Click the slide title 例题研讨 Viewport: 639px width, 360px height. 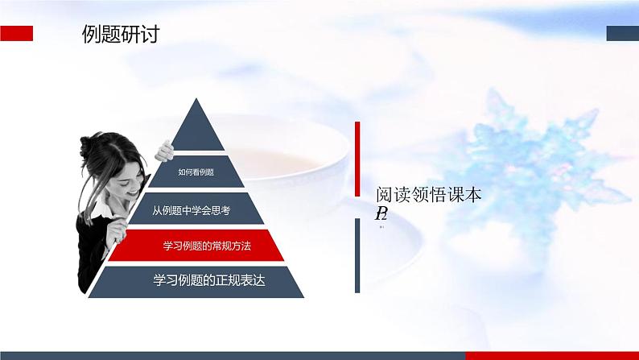pyautogui.click(x=120, y=35)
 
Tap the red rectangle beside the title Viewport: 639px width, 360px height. pyautogui.click(x=16, y=33)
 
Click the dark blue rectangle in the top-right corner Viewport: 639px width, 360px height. pyautogui.click(x=622, y=33)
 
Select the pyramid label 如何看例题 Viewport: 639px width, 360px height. pyautogui.click(x=196, y=171)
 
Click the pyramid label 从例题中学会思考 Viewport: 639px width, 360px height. pyautogui.click(x=192, y=211)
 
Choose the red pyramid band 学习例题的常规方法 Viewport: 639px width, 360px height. pyautogui.click(x=196, y=246)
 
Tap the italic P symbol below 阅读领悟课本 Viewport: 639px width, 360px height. pyautogui.click(x=380, y=213)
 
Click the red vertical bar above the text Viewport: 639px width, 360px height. pyautogui.click(x=357, y=159)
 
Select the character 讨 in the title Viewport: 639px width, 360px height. pyautogui.click(x=148, y=35)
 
